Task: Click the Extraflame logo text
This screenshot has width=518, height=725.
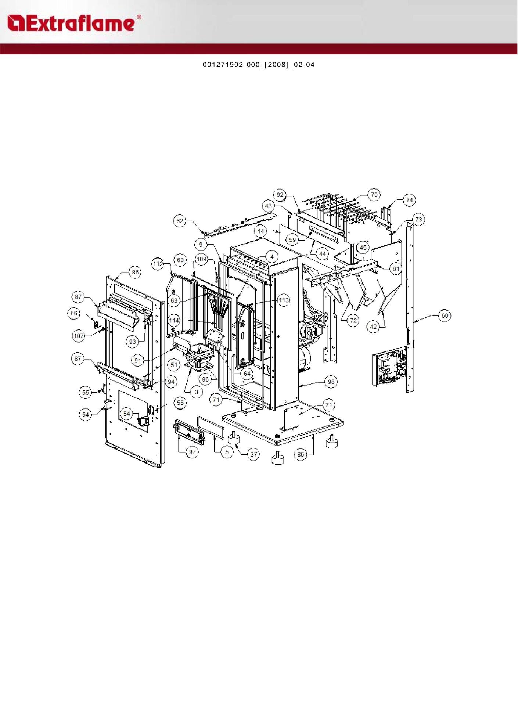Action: coord(73,23)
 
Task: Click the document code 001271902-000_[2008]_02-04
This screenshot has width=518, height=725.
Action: coord(259,65)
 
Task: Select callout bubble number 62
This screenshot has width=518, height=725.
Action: coord(180,221)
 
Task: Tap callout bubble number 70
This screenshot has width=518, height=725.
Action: coord(374,195)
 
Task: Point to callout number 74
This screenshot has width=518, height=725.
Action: coord(409,200)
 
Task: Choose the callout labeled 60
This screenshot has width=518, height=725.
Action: coord(445,315)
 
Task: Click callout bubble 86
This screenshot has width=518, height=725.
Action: coord(135,272)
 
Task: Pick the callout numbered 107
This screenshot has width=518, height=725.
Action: coord(79,336)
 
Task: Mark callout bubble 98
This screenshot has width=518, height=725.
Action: coord(331,382)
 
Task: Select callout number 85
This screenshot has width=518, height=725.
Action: coord(301,454)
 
